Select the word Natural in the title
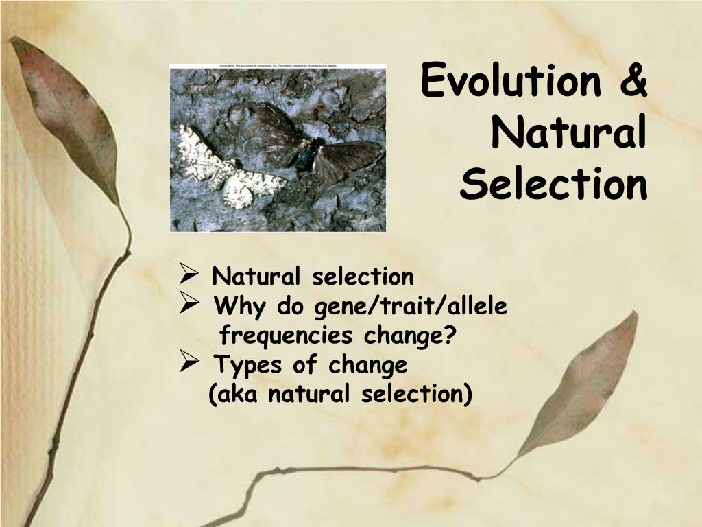click(x=568, y=133)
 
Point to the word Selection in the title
click(x=553, y=184)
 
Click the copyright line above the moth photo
click(x=278, y=66)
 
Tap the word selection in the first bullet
click(x=363, y=277)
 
